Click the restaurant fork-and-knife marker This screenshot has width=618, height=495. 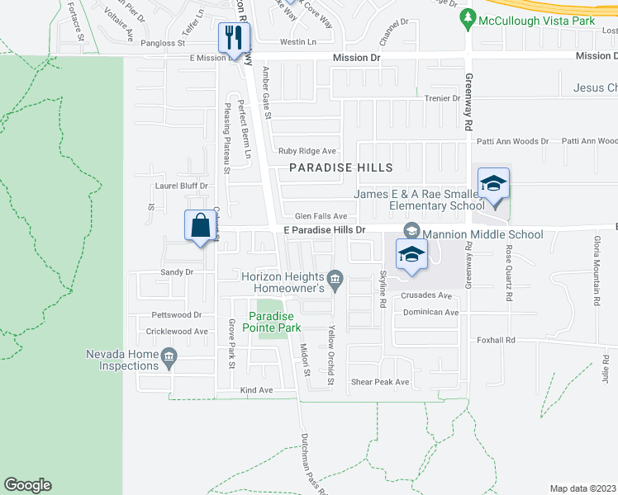pyautogui.click(x=233, y=37)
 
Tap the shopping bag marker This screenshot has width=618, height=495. pyautogui.click(x=201, y=225)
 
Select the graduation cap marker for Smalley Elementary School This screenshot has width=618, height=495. pyautogui.click(x=493, y=184)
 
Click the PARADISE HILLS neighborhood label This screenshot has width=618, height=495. pyautogui.click(x=340, y=167)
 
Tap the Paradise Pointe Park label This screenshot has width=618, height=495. pyautogui.click(x=273, y=322)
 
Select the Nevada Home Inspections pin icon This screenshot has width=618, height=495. pyautogui.click(x=169, y=357)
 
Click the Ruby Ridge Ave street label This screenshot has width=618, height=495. pyautogui.click(x=307, y=151)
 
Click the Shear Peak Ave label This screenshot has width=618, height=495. pyautogui.click(x=380, y=382)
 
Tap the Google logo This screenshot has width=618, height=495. pyautogui.click(x=27, y=485)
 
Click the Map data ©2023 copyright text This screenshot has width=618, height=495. pyautogui.click(x=583, y=488)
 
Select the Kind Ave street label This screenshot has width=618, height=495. pyautogui.click(x=255, y=389)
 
